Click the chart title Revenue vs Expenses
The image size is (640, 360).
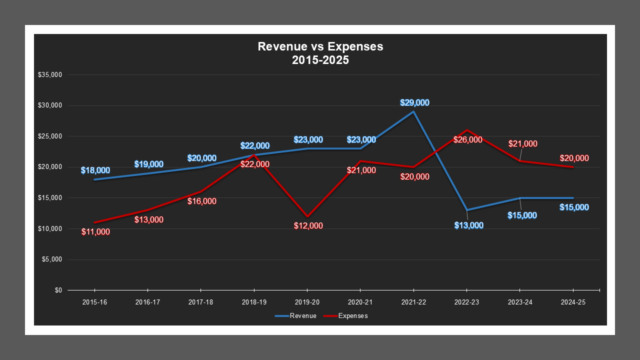pyautogui.click(x=320, y=53)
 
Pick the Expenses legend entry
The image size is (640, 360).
pyautogui.click(x=345, y=316)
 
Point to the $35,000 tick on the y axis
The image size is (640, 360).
pyautogui.click(x=49, y=75)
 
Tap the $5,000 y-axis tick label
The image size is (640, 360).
pyautogui.click(x=51, y=259)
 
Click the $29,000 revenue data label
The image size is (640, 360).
pyautogui.click(x=414, y=102)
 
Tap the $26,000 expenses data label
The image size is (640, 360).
pyautogui.click(x=468, y=139)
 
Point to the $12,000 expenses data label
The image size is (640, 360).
pyautogui.click(x=308, y=226)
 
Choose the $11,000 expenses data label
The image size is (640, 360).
pyautogui.click(x=95, y=232)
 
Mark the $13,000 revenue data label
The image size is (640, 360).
pyautogui.click(x=469, y=225)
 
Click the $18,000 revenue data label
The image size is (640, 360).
pyautogui.click(x=95, y=170)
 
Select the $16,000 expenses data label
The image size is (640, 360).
pyautogui.click(x=202, y=201)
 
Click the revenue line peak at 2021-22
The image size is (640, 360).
pyautogui.click(x=413, y=111)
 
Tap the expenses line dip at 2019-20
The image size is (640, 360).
pyautogui.click(x=307, y=216)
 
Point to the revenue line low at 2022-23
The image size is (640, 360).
pyautogui.click(x=466, y=210)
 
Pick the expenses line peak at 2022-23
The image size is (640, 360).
pyautogui.click(x=466, y=130)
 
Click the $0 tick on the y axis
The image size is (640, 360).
pyautogui.click(x=58, y=290)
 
